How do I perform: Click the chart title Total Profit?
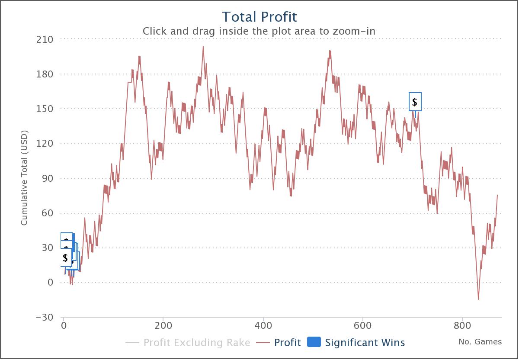tap(259, 17)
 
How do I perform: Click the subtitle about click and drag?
tap(259, 31)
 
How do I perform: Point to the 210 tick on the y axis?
tap(45, 39)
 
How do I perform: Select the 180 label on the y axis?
tap(45, 74)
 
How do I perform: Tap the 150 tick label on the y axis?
tap(45, 109)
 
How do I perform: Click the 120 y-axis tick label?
tap(45, 143)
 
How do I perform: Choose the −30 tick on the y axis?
tap(45, 317)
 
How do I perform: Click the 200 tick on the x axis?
tap(163, 325)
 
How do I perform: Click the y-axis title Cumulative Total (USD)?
tap(24, 177)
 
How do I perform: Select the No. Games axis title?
tap(480, 342)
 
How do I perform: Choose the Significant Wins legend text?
tap(365, 343)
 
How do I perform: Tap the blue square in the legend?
tap(314, 342)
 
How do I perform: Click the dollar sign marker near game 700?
tap(415, 102)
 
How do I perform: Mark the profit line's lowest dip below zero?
tap(478, 299)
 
